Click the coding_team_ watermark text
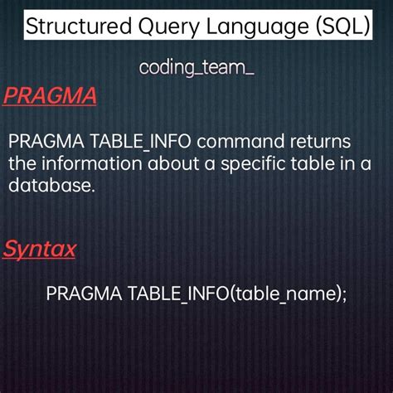point(196,67)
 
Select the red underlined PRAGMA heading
point(50,96)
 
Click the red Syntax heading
point(40,248)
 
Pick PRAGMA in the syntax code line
point(82,293)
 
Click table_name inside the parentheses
point(287,293)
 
